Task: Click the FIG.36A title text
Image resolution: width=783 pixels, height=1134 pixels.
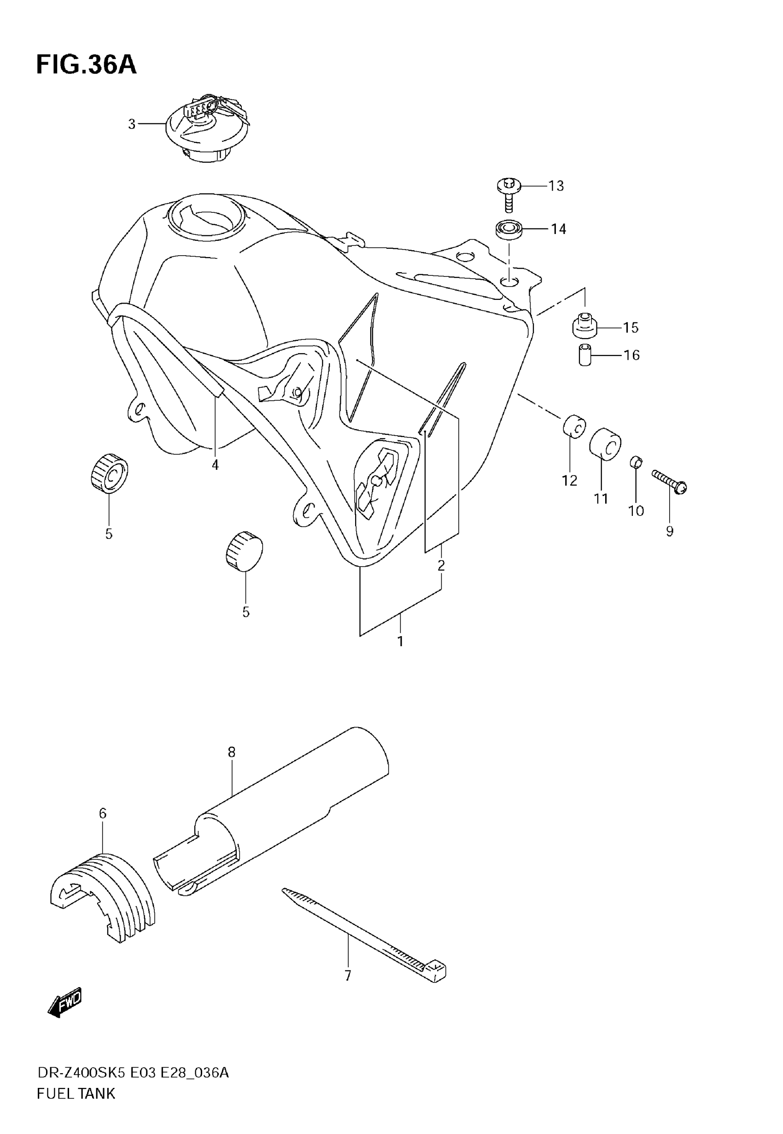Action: tap(86, 65)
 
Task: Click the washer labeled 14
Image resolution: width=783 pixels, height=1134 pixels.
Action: tap(508, 229)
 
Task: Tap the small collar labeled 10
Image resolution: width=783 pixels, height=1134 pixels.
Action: tap(636, 462)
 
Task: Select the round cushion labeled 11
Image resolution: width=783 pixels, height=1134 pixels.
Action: tap(605, 444)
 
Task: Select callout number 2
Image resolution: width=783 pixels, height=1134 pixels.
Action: tap(441, 566)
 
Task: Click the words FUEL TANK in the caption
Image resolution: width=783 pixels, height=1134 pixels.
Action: tap(76, 1093)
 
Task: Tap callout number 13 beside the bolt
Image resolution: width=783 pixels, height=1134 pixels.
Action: tap(556, 186)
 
